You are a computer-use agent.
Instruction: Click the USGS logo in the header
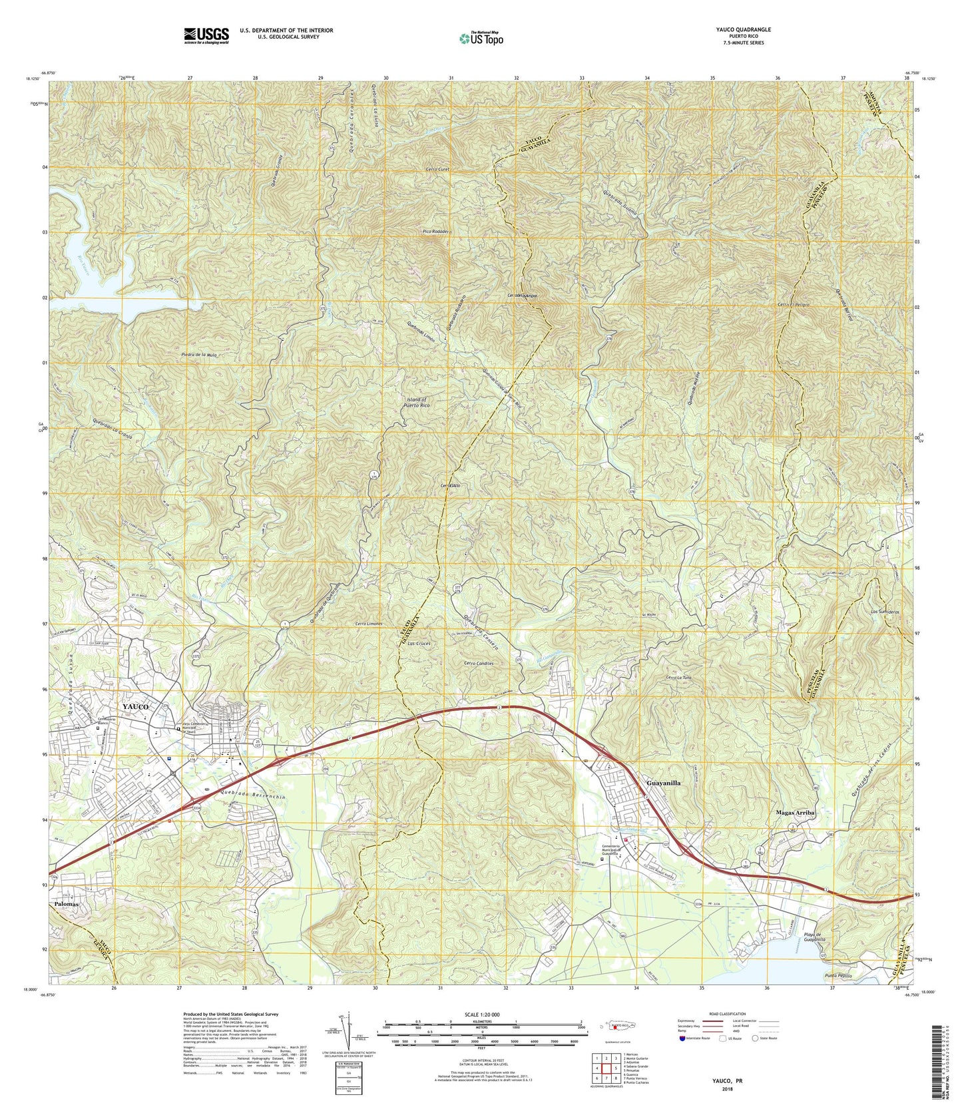click(x=206, y=35)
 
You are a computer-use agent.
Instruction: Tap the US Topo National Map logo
click(x=481, y=39)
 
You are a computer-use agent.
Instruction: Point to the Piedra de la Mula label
click(x=199, y=355)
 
